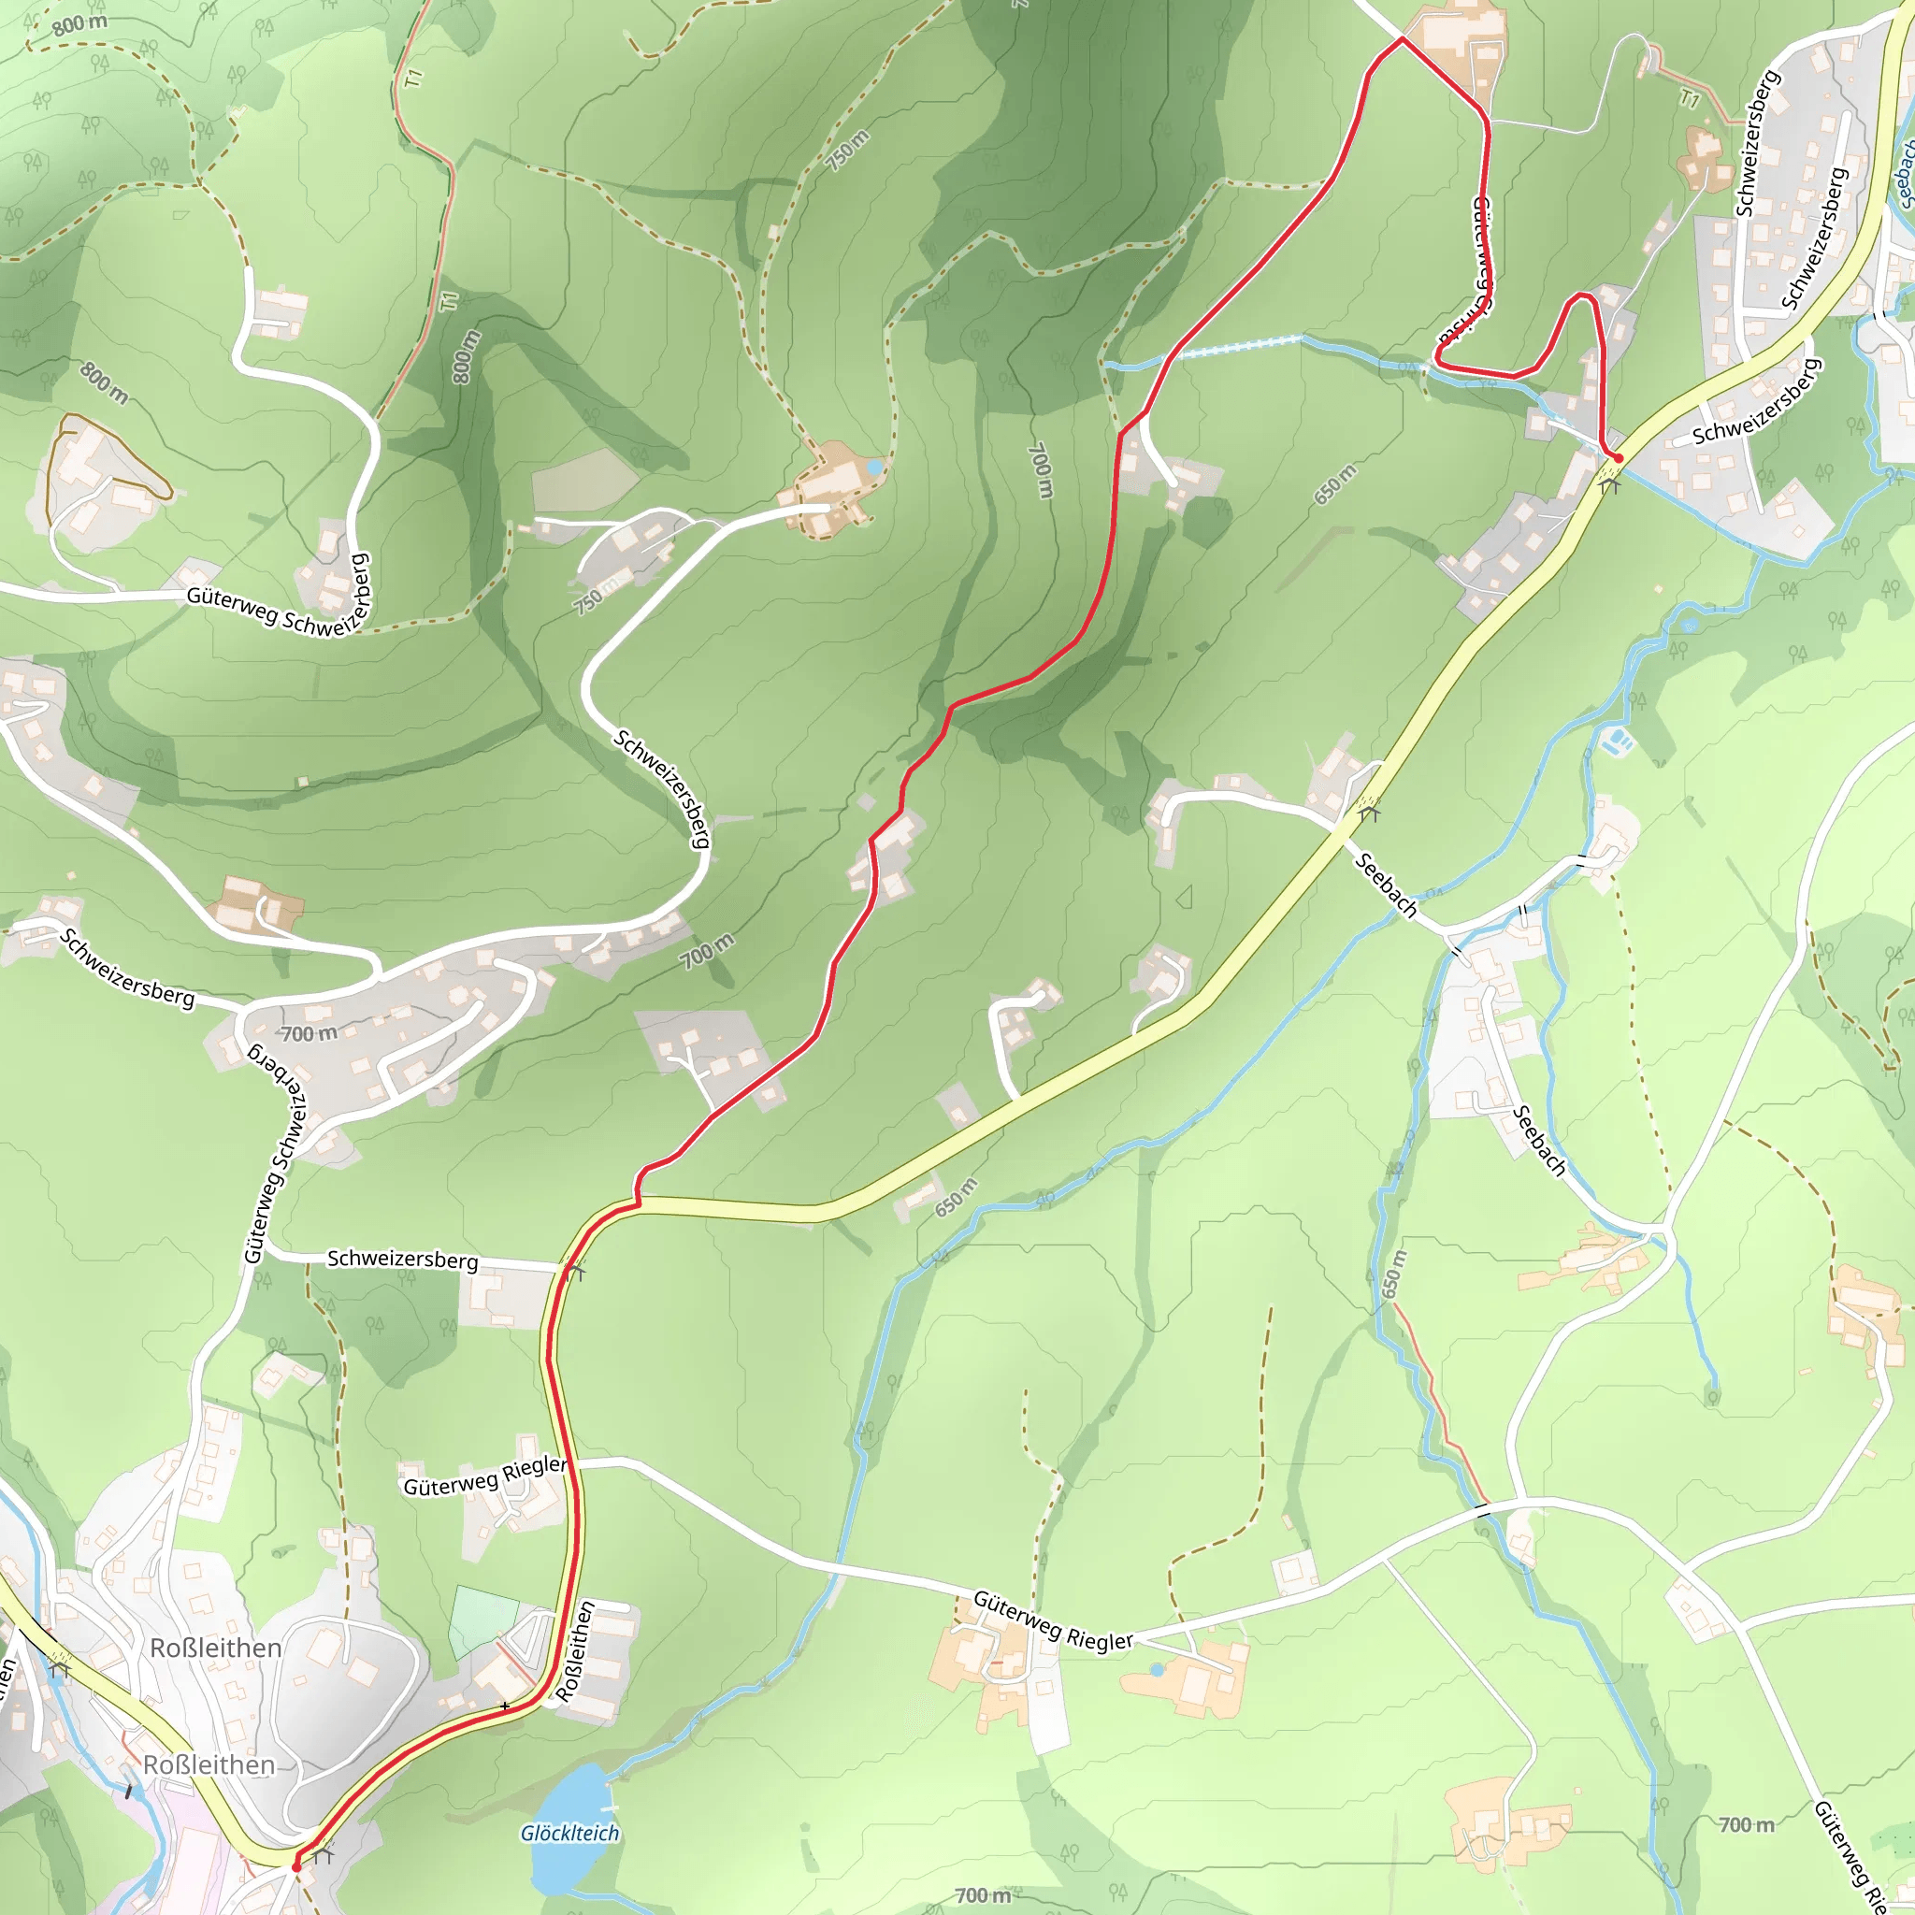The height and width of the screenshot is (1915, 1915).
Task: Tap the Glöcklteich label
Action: click(x=570, y=1834)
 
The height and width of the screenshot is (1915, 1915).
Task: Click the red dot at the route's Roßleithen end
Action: click(x=296, y=1867)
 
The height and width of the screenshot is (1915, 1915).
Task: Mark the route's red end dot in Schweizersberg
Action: click(x=1618, y=458)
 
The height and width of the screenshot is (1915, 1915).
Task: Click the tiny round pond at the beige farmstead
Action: click(x=873, y=466)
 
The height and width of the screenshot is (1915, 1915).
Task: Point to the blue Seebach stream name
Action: click(x=1904, y=174)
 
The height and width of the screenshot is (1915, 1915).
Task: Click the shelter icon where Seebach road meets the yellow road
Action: click(x=1369, y=814)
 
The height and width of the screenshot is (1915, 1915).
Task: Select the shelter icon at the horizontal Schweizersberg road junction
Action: click(x=576, y=1271)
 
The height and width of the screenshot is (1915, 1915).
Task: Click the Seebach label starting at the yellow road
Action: click(x=1386, y=886)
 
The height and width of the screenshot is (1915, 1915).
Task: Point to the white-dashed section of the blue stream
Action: click(x=1239, y=347)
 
